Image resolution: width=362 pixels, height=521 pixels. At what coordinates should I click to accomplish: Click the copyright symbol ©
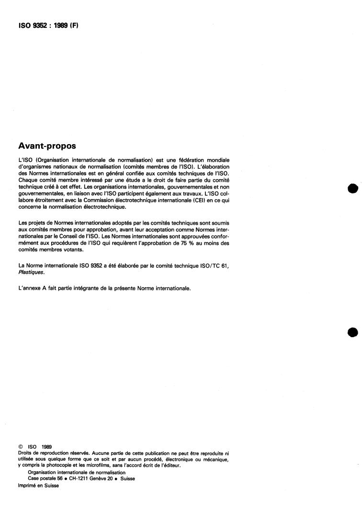pos(20,447)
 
